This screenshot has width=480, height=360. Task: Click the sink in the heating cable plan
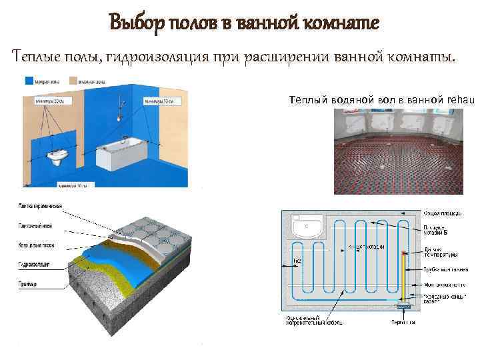pos(307,226)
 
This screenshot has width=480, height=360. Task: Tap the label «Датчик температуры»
pos(440,252)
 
